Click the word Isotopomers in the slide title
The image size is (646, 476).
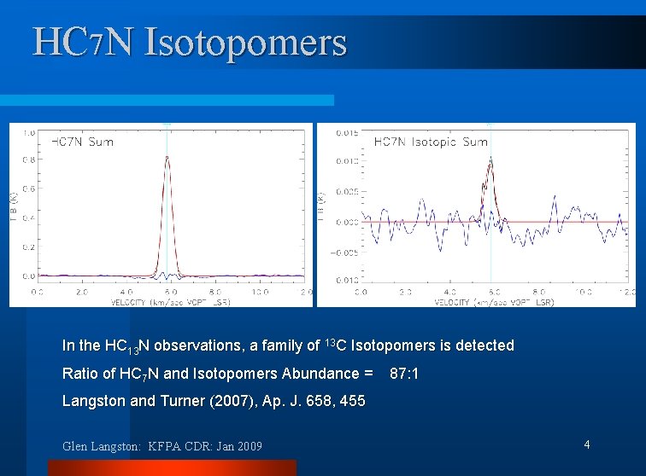[x=246, y=42]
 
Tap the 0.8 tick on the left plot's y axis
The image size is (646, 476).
[x=29, y=160]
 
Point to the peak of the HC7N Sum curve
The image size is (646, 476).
[x=167, y=156]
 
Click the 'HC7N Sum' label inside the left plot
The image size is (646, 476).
[x=83, y=142]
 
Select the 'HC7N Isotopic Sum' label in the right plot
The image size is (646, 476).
[x=431, y=142]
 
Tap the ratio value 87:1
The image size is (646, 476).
[x=405, y=374]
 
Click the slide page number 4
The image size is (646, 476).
[x=587, y=444]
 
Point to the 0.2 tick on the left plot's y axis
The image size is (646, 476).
[x=29, y=247]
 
